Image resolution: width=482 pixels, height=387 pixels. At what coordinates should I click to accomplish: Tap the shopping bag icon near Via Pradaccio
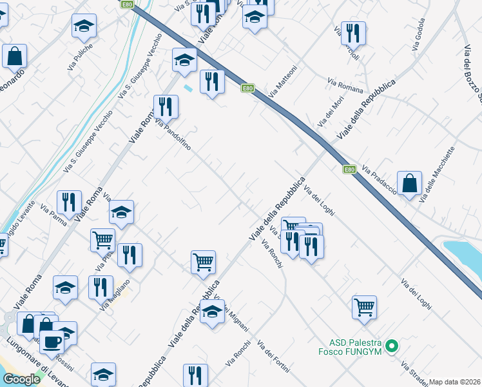point(410,183)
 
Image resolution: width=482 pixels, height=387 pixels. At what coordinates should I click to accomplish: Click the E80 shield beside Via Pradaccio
point(349,170)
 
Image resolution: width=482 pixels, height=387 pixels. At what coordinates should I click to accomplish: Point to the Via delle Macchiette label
point(438,175)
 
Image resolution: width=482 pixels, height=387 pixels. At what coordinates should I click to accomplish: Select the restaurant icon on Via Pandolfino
point(166,106)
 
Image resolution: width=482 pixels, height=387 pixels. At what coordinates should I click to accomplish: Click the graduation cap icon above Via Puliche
point(84,26)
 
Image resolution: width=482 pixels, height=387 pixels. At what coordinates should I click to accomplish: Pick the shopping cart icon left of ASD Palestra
point(364,307)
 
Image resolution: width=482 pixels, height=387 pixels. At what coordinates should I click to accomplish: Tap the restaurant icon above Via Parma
point(69,201)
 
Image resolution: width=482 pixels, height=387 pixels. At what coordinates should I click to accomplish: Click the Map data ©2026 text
point(455,382)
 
